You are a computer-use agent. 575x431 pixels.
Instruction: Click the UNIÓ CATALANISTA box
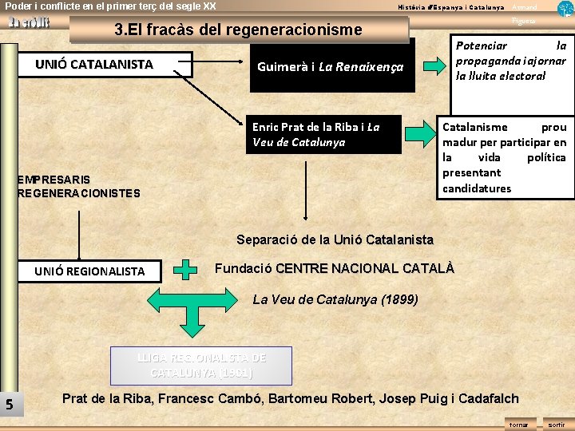105,65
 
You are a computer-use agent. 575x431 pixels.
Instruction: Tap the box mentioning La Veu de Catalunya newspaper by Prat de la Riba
322,134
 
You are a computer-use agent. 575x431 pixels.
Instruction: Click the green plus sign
186,270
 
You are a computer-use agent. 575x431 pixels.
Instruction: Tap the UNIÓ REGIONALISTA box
89,271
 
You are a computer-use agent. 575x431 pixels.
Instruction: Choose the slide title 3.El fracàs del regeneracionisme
238,30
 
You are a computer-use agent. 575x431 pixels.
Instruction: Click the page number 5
9,405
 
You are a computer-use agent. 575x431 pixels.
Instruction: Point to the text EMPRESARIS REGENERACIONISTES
78,186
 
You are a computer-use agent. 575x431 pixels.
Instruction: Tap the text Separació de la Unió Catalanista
335,239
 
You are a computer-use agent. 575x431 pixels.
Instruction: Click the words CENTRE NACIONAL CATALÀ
364,269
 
